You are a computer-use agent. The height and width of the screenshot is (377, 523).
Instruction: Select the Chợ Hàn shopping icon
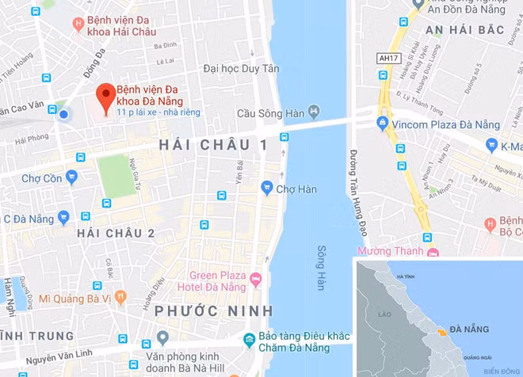point(267,188)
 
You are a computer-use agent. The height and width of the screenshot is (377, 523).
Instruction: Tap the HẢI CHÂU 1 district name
point(213,145)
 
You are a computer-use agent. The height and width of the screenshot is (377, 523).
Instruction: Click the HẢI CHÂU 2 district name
point(116,233)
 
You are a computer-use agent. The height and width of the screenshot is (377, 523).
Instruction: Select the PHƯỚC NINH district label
point(214,310)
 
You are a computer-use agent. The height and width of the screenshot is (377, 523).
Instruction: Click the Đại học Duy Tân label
point(241,69)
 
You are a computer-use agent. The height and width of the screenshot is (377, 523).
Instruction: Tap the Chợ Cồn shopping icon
point(72,177)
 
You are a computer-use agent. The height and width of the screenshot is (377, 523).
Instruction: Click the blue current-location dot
point(63,115)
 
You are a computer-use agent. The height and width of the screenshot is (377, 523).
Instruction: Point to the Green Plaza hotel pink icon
point(256,279)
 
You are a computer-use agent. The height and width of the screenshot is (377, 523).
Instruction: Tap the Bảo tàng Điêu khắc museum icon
point(250,339)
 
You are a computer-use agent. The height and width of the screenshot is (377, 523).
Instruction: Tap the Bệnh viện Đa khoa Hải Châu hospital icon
point(79,25)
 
